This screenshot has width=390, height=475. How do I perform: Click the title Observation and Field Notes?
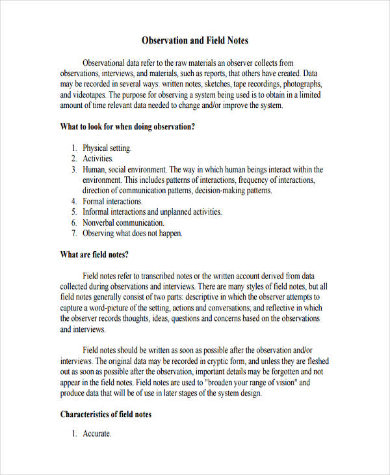click(x=195, y=40)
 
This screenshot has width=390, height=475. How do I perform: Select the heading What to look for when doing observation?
click(x=127, y=127)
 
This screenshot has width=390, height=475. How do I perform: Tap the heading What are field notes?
click(x=94, y=254)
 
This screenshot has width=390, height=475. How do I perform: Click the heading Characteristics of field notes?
click(x=106, y=414)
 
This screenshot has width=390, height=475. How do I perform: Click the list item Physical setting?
click(x=107, y=148)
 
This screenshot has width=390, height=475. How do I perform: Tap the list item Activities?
click(x=98, y=159)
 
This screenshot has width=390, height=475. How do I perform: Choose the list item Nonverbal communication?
click(x=127, y=223)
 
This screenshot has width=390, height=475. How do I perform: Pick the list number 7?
click(x=75, y=233)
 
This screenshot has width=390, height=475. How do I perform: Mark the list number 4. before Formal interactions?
click(x=75, y=201)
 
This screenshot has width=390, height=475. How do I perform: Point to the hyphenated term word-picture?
click(x=118, y=308)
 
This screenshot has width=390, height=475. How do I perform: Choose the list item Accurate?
click(x=97, y=434)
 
